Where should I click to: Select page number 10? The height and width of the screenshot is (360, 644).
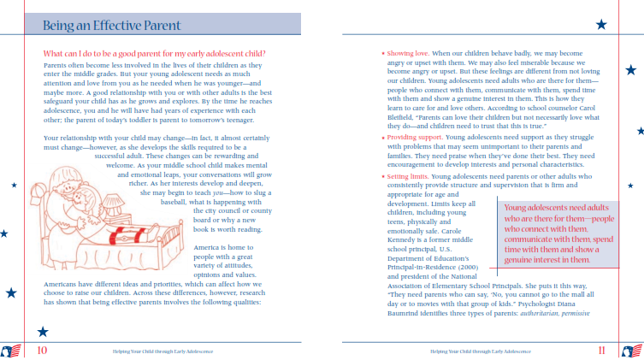pyautogui.click(x=42, y=349)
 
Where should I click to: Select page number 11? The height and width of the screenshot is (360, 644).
pyautogui.click(x=602, y=349)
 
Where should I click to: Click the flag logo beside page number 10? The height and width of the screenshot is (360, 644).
pyautogui.click(x=12, y=350)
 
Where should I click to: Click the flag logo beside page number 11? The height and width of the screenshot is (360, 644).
pyautogui.click(x=632, y=350)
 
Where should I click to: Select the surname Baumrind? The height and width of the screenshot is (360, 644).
pyautogui.click(x=404, y=313)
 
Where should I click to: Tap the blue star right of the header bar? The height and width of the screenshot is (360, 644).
pyautogui.click(x=600, y=24)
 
